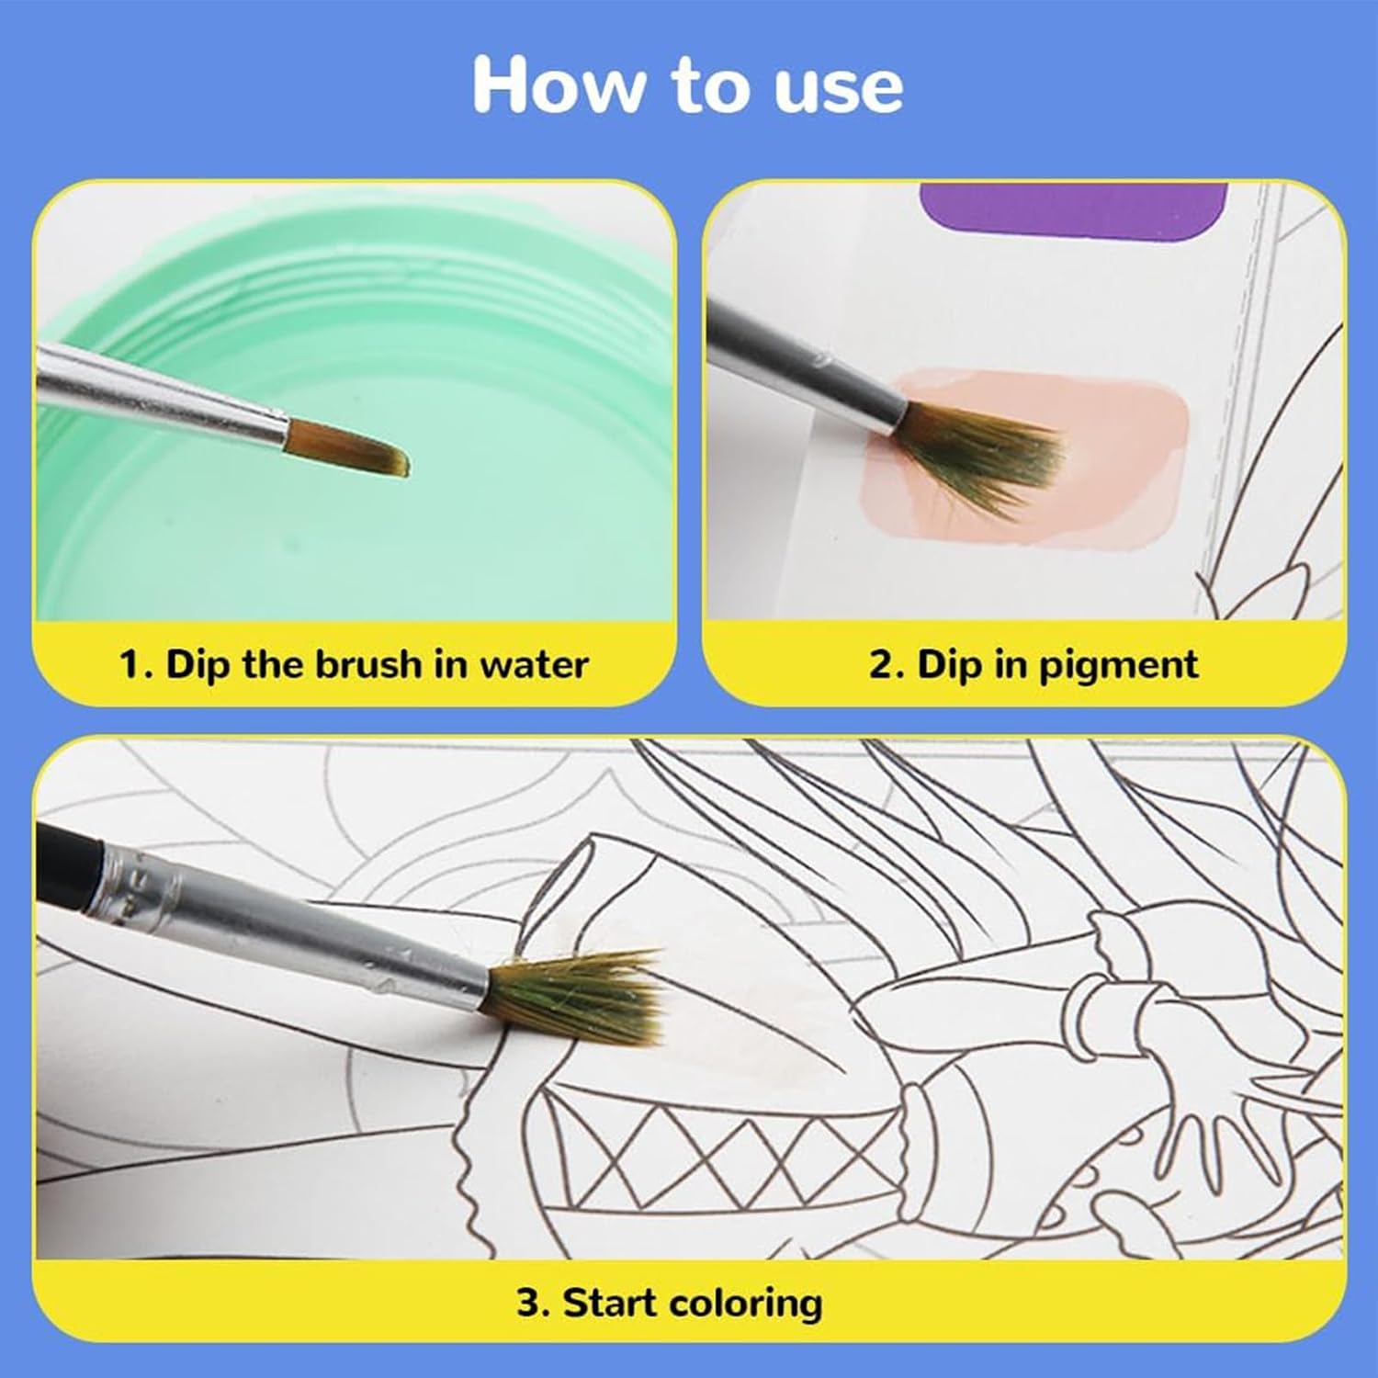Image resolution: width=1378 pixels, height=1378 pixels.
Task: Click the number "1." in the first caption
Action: pos(137,665)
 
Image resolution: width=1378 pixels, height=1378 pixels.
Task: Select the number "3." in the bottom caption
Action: pos(533,1304)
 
